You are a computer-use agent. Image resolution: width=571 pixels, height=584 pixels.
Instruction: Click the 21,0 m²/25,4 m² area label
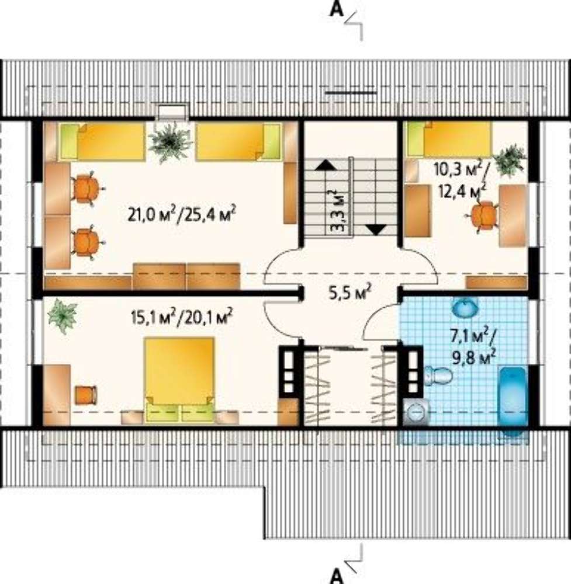pyautogui.click(x=182, y=214)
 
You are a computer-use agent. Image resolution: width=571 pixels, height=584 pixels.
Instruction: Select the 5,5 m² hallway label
pyautogui.click(x=349, y=293)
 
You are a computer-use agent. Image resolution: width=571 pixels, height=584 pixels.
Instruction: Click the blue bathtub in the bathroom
pyautogui.click(x=513, y=401)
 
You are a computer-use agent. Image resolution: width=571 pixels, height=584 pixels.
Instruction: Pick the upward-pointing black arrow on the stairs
pyautogui.click(x=326, y=165)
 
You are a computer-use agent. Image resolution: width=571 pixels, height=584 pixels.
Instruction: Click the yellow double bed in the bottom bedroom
pyautogui.click(x=179, y=380)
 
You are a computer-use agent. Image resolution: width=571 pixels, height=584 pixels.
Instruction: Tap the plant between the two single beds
pyautogui.click(x=170, y=141)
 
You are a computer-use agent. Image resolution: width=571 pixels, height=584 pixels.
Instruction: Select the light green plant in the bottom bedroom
pyautogui.click(x=63, y=316)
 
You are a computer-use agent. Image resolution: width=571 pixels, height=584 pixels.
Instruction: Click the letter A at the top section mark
pyautogui.click(x=337, y=10)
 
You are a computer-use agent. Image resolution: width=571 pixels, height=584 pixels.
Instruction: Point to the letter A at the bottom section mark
pyautogui.click(x=337, y=576)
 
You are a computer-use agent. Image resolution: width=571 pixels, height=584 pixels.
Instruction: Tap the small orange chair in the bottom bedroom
pyautogui.click(x=86, y=395)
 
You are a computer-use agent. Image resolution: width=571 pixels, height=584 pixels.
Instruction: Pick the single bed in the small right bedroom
pyautogui.click(x=449, y=140)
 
